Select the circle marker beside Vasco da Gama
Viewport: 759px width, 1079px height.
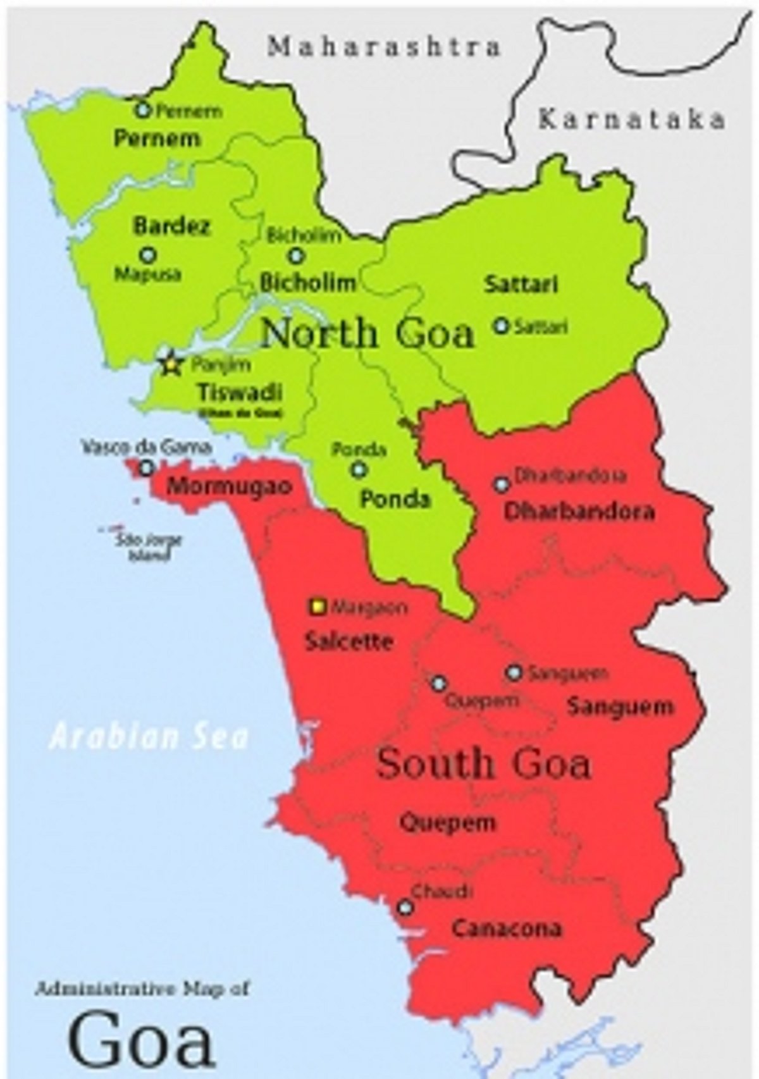(147, 468)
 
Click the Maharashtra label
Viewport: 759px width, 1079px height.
(385, 47)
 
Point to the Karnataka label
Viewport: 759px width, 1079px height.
(631, 119)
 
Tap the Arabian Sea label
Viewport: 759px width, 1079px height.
(149, 737)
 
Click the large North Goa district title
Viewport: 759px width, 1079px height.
(367, 333)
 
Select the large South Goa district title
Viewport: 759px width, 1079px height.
(484, 764)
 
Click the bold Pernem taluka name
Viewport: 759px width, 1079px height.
(157, 139)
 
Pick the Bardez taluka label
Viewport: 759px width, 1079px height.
(171, 226)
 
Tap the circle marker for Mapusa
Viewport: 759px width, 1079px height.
(148, 255)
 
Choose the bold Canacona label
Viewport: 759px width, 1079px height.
(507, 928)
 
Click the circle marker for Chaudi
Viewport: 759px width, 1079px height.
(405, 908)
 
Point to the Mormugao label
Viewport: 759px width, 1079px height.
(230, 487)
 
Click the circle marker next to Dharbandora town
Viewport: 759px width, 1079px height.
(501, 484)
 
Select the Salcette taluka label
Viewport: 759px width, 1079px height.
(349, 641)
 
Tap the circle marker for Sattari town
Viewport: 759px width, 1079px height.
(501, 326)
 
